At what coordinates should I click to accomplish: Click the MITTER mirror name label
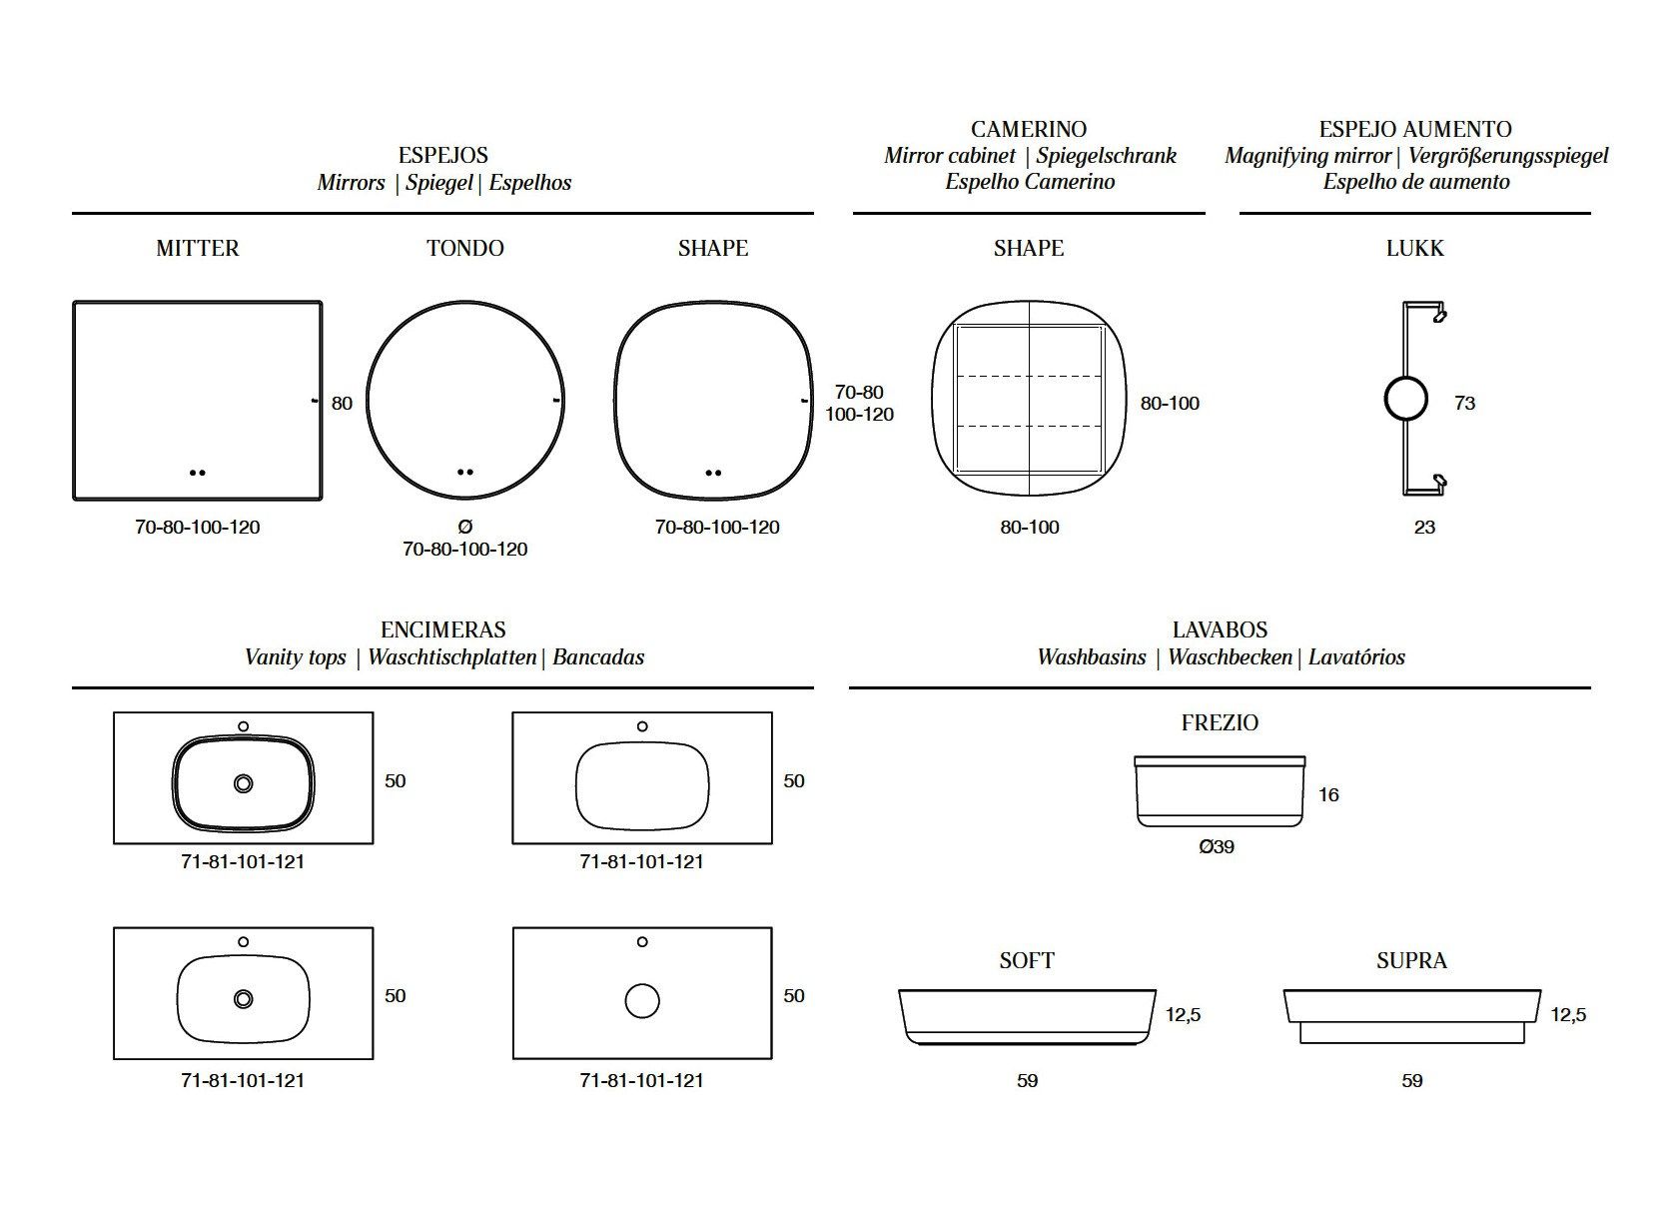coord(198,248)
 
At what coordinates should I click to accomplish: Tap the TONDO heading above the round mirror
coord(465,248)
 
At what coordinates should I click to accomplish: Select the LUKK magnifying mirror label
coord(1414,248)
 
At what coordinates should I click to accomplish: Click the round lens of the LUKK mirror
coord(1406,400)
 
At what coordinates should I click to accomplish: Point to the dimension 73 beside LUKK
coord(1464,403)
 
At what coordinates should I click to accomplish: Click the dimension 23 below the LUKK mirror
coord(1424,527)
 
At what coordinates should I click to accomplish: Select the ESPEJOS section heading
coord(443,155)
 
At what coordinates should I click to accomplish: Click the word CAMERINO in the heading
coord(1029,129)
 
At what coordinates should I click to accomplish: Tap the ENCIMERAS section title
coord(443,629)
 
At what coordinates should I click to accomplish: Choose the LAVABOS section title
coord(1220,629)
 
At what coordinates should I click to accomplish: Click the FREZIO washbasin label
coord(1220,722)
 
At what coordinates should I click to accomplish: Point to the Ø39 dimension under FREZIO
coord(1217,846)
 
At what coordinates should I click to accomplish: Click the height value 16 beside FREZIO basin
coord(1328,794)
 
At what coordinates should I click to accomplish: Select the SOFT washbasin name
coord(1027,960)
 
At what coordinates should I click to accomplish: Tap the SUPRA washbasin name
coord(1411,960)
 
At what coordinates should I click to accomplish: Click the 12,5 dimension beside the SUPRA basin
coord(1568,1014)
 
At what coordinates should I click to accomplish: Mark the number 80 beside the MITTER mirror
coord(342,403)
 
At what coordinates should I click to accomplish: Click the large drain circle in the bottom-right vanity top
coord(642,1000)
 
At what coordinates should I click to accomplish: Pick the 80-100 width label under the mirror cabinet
coord(1030,527)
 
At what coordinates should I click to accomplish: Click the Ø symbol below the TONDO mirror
coord(464,527)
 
